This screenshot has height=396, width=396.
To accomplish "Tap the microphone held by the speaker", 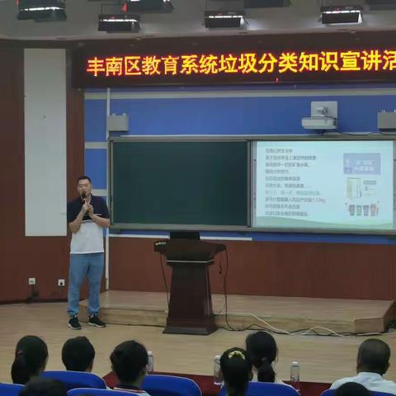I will point(84,198).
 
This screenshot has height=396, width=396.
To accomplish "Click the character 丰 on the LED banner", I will point(96,67).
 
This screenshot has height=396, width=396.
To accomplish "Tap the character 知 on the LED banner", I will point(308,64).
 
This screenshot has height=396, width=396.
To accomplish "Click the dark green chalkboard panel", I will point(179,182).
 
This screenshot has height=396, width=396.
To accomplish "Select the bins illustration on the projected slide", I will point(362,209).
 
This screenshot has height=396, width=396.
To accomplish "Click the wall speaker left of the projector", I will point(118,124).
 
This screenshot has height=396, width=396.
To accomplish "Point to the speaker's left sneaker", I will point(97,321).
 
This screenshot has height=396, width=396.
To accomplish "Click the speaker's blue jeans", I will point(86,280).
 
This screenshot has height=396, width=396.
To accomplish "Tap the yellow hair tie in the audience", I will point(237,355).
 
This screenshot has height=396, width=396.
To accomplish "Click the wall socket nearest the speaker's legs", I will point(61,282).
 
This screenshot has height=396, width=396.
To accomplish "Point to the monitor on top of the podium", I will point(185,235).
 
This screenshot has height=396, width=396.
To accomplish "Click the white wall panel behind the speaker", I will point(45,140).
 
